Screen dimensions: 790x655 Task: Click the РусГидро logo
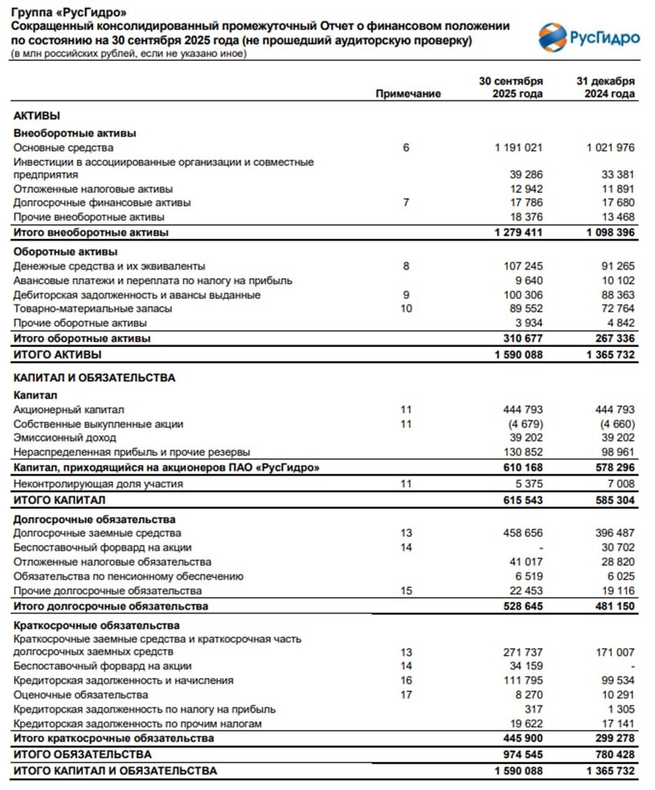(588, 35)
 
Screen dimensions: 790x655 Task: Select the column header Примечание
(408, 94)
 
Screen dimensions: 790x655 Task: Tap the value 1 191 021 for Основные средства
(519, 147)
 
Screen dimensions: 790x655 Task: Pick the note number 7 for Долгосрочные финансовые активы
(406, 203)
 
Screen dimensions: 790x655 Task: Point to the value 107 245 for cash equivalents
(523, 266)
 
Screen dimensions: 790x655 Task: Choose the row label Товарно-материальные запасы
(93, 308)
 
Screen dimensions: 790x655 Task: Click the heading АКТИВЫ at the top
(37, 115)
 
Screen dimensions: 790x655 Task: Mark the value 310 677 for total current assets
(522, 338)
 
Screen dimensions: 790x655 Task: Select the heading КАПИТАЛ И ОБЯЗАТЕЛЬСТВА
(95, 378)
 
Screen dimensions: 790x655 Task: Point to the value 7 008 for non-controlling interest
(620, 483)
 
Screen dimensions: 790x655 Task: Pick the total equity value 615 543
(522, 500)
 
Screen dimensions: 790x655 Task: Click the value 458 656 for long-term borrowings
(523, 533)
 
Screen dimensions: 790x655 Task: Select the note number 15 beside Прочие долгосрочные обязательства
(406, 590)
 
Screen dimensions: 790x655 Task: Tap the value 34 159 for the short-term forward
(526, 666)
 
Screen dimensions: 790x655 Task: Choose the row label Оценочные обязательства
(81, 694)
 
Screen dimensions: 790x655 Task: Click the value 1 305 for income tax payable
(621, 709)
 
